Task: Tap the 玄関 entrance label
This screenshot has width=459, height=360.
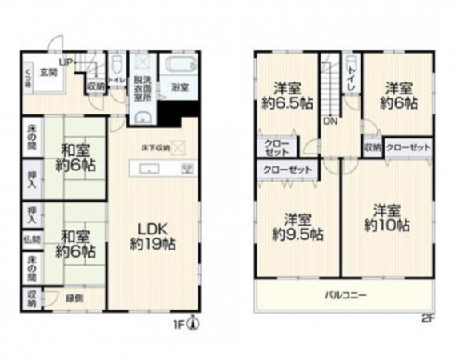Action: point(49,71)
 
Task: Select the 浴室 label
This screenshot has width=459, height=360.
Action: point(178,87)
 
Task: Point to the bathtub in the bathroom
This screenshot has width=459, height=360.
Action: point(177,66)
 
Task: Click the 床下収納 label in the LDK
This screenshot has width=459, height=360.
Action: point(155,147)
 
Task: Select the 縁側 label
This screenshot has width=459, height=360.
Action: point(74,298)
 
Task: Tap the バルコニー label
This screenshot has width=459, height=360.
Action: point(345,295)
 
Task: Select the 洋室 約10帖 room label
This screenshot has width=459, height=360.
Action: point(387,218)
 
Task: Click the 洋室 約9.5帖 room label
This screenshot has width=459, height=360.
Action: point(297,227)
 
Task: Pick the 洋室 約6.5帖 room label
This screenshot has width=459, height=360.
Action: point(285,95)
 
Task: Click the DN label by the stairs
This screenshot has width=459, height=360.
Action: point(330,122)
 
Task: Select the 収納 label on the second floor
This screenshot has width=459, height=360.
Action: point(372,148)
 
